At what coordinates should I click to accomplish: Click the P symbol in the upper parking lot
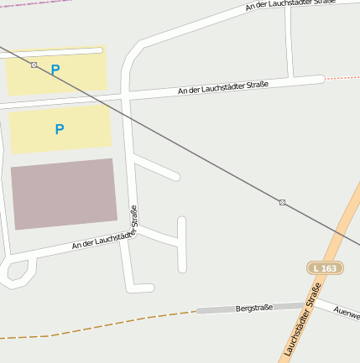click(x=55, y=70)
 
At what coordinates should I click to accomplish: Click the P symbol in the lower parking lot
click(x=59, y=129)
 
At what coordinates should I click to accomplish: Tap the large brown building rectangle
click(x=64, y=193)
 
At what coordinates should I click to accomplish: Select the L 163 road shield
click(x=325, y=268)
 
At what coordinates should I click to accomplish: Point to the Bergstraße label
click(x=254, y=308)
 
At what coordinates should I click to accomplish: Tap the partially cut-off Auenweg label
click(x=347, y=313)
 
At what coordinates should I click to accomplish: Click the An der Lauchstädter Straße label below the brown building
click(x=102, y=241)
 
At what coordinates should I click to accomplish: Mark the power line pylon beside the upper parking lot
click(x=34, y=65)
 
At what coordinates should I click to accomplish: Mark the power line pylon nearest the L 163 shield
click(x=282, y=202)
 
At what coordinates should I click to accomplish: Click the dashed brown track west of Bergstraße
click(x=101, y=326)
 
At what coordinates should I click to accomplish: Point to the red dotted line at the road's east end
click(x=342, y=78)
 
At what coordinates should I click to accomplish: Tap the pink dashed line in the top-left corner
click(x=25, y=3)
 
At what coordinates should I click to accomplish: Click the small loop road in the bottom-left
click(x=17, y=271)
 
